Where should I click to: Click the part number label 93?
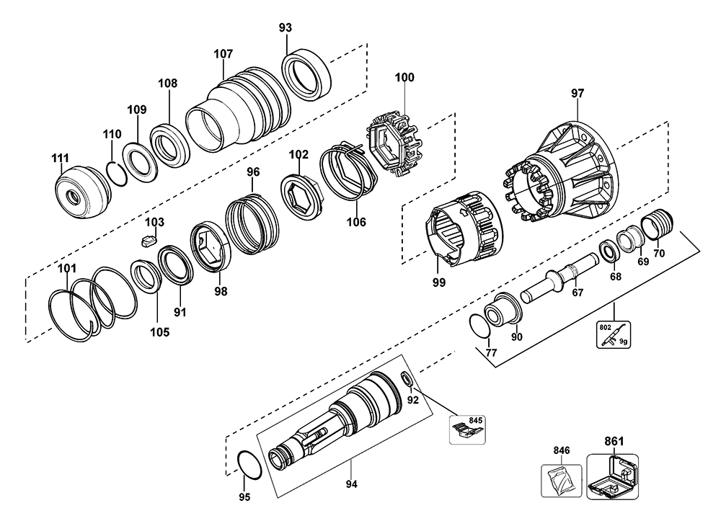pyautogui.click(x=285, y=28)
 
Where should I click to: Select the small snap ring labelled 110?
pyautogui.click(x=117, y=173)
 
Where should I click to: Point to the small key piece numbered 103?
pyautogui.click(x=148, y=240)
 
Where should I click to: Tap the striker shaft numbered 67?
pyautogui.click(x=559, y=280)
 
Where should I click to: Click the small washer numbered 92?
pyautogui.click(x=407, y=380)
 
